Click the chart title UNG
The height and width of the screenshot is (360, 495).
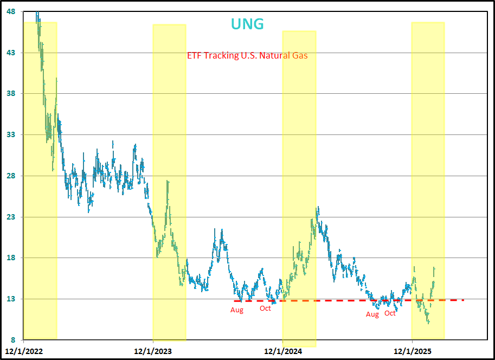[x=247, y=24]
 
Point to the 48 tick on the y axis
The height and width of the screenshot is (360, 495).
[x=11, y=11]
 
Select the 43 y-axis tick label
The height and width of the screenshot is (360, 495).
[x=11, y=53]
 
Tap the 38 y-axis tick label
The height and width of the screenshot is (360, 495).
[x=11, y=94]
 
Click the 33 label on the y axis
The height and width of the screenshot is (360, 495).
[x=11, y=134]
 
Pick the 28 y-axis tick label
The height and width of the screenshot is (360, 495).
[x=11, y=176]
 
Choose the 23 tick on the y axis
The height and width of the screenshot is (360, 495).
[x=11, y=217]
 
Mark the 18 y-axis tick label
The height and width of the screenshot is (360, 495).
[x=11, y=258]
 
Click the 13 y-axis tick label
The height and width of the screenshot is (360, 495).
[x=11, y=299]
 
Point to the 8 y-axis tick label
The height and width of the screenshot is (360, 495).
[x=13, y=340]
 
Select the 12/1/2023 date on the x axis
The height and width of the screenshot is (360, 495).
[x=153, y=351]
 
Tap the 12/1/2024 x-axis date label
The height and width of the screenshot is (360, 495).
[x=282, y=351]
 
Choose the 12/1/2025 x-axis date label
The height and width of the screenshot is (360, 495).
[x=412, y=351]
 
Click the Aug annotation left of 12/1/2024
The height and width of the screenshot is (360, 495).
[x=237, y=310]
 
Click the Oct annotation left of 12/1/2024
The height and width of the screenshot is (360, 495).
[x=265, y=308]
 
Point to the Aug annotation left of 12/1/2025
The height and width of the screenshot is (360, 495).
[x=372, y=314]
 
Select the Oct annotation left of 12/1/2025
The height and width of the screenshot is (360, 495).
[x=390, y=313]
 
